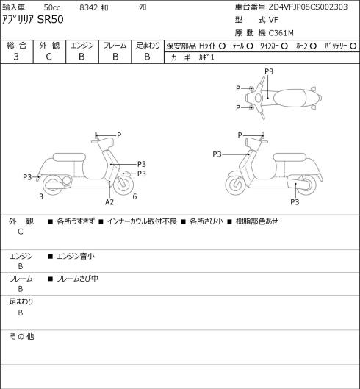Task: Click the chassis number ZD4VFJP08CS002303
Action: point(308,7)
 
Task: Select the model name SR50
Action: point(51,20)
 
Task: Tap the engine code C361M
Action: point(281,33)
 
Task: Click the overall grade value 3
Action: point(16,57)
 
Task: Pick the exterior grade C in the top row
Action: point(48,57)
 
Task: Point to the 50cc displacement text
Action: point(52,7)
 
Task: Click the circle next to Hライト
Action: point(222,46)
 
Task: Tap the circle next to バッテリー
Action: point(353,46)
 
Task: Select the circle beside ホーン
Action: point(313,46)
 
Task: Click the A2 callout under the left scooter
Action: point(109,202)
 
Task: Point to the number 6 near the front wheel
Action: point(134,196)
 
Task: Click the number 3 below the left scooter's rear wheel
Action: point(41,196)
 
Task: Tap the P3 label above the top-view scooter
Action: point(269,71)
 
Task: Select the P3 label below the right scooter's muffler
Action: point(295,202)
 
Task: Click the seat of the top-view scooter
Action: point(289,98)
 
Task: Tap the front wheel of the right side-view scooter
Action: point(235,185)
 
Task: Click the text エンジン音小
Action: point(76,257)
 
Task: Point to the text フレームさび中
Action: point(77,279)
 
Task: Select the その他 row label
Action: point(21,336)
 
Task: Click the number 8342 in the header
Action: point(88,7)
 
